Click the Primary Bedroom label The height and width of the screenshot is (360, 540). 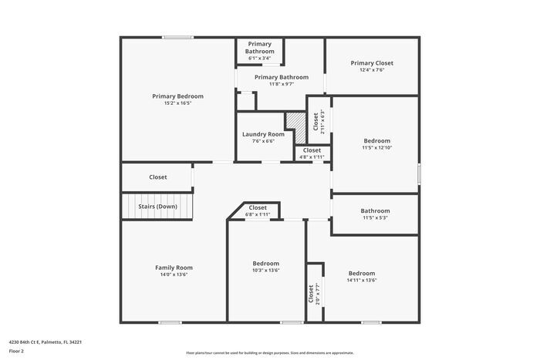point(177,96)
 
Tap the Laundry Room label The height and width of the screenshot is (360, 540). point(263,134)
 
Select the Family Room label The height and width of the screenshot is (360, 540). point(174,267)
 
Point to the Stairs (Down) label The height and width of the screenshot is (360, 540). point(157,207)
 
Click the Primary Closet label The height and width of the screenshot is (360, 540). point(372,63)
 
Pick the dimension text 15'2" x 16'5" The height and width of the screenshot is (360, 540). point(177,103)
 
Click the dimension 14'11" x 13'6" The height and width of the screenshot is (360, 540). point(361,280)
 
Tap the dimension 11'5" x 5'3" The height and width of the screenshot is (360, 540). point(375,217)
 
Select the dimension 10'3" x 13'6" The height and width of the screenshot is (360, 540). point(266,270)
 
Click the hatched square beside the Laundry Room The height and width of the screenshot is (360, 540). point(295,122)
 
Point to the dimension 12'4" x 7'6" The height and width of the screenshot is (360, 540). point(372,70)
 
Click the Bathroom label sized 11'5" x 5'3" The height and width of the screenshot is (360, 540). point(375,210)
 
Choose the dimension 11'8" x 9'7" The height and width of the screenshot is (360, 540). point(282,84)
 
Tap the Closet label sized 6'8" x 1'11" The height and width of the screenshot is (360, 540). point(258,207)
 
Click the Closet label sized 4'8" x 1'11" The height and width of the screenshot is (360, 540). point(312,150)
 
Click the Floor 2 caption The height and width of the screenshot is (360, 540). point(17,351)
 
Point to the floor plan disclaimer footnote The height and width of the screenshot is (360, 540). point(270,353)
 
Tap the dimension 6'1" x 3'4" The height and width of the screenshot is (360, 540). point(260,58)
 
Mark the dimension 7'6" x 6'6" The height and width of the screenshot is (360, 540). point(263,141)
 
